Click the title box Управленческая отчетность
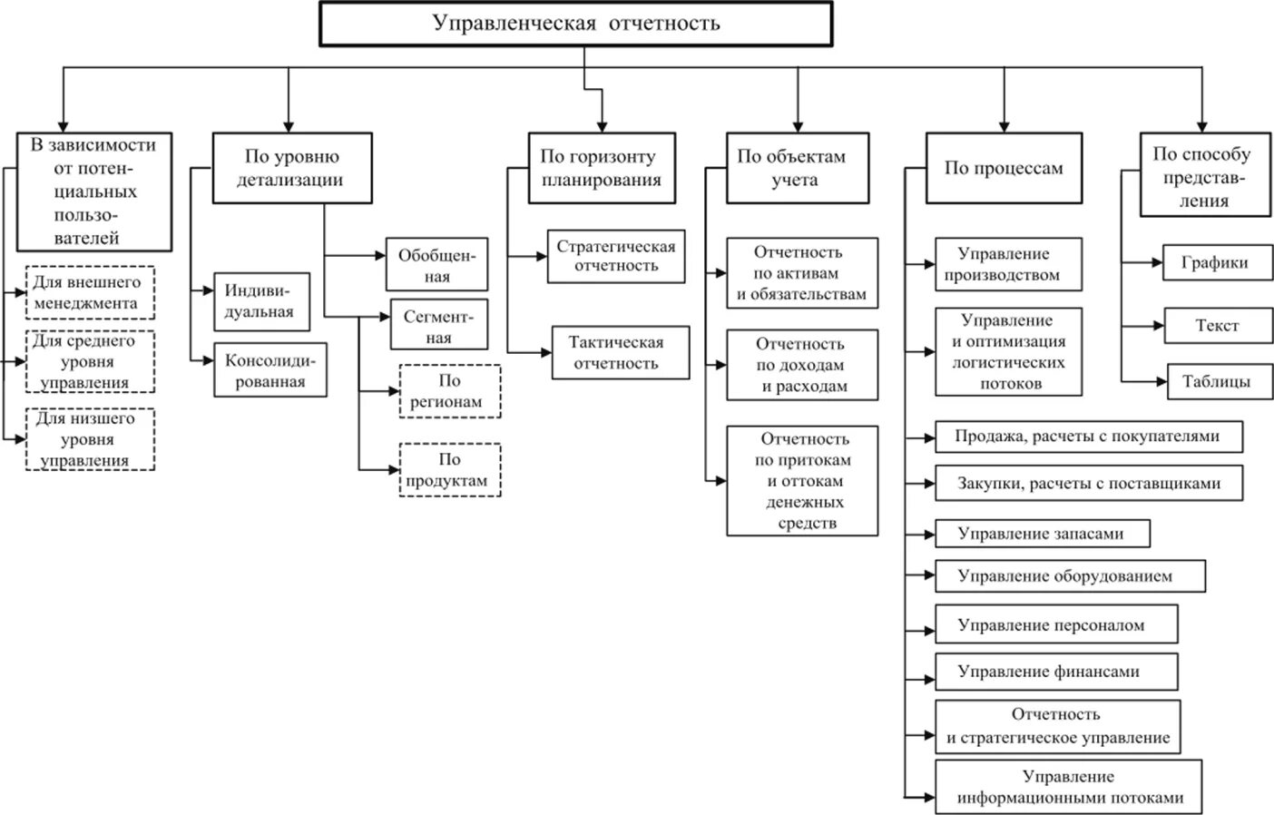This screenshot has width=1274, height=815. click(575, 24)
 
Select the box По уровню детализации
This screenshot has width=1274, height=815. click(291, 168)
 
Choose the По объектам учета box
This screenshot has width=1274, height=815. click(796, 168)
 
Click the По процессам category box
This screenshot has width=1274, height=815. click(1003, 168)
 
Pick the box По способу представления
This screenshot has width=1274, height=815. click(1204, 176)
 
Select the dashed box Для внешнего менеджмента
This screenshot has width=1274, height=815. click(89, 292)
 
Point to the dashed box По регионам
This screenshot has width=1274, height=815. click(449, 391)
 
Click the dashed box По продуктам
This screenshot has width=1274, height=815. click(449, 470)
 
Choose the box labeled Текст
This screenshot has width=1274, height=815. click(1217, 325)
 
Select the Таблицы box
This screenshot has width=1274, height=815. click(1219, 382)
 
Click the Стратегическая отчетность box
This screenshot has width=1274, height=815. click(615, 256)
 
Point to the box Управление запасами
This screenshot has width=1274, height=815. click(1042, 534)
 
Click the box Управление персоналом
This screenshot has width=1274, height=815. click(1055, 624)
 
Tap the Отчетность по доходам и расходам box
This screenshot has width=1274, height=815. click(801, 365)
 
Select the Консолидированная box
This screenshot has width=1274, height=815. click(269, 370)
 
